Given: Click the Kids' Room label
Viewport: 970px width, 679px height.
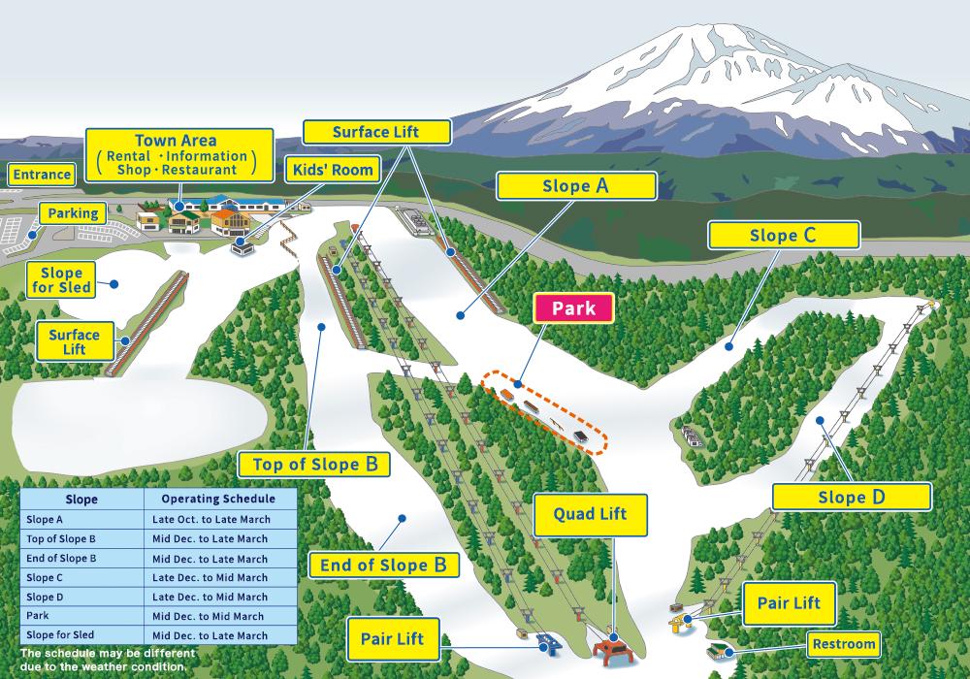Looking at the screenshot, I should [333, 170].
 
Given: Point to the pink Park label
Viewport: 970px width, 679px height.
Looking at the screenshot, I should [574, 309].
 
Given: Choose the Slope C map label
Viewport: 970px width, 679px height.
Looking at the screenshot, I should [783, 235].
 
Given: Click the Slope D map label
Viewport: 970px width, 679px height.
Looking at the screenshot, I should [851, 497].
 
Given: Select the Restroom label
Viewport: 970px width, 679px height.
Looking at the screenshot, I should [844, 643].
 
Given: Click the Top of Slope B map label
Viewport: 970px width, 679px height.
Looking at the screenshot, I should [314, 464].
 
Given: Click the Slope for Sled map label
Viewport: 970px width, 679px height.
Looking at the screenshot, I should [62, 279].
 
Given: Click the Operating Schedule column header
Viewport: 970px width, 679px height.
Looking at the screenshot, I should [218, 499].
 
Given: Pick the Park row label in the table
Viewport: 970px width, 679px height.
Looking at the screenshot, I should [39, 616].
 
